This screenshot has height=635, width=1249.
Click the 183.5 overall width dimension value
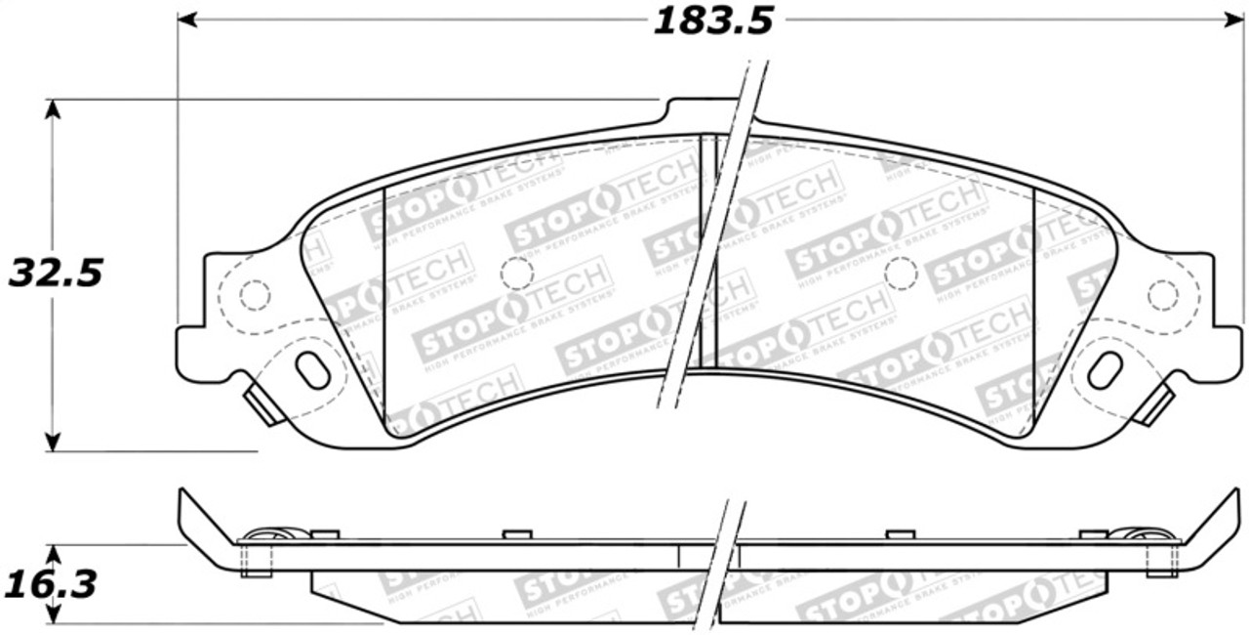pyautogui.click(x=712, y=21)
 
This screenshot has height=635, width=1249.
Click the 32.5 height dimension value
pyautogui.click(x=56, y=274)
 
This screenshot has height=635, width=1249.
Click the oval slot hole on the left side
pyautogui.click(x=312, y=369)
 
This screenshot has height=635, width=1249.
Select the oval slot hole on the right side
pyautogui.click(x=1106, y=369)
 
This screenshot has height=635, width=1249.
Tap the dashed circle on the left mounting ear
pyautogui.click(x=255, y=294)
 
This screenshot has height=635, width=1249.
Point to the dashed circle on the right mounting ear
pyautogui.click(x=1162, y=294)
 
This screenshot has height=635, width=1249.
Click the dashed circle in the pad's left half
pyautogui.click(x=517, y=274)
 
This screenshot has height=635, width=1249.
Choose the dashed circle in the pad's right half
pyautogui.click(x=901, y=274)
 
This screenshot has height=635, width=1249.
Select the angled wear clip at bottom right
pyautogui.click(x=1153, y=404)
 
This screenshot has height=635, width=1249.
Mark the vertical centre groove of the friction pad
pyautogui.click(x=708, y=251)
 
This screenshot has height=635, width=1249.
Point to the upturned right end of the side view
pyautogui.click(x=1216, y=528)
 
